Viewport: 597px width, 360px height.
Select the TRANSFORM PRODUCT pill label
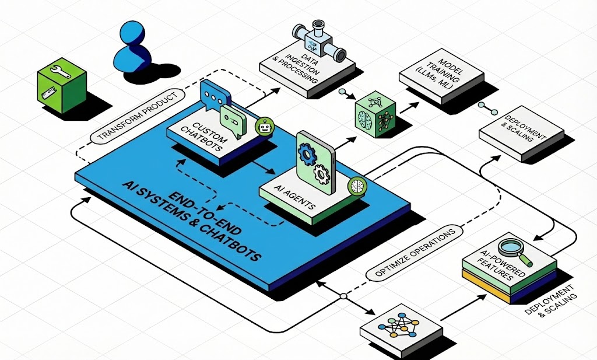138,116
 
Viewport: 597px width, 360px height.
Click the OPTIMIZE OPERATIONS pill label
415,253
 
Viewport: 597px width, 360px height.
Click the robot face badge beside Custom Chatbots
265,127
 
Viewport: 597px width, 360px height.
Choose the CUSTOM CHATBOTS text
203,137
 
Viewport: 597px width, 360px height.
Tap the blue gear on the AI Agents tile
307,153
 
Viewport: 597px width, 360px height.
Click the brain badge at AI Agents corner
357,186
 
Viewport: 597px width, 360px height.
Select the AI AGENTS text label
294,198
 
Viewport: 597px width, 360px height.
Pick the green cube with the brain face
375,114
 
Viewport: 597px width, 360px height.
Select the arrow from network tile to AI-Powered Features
463,307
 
